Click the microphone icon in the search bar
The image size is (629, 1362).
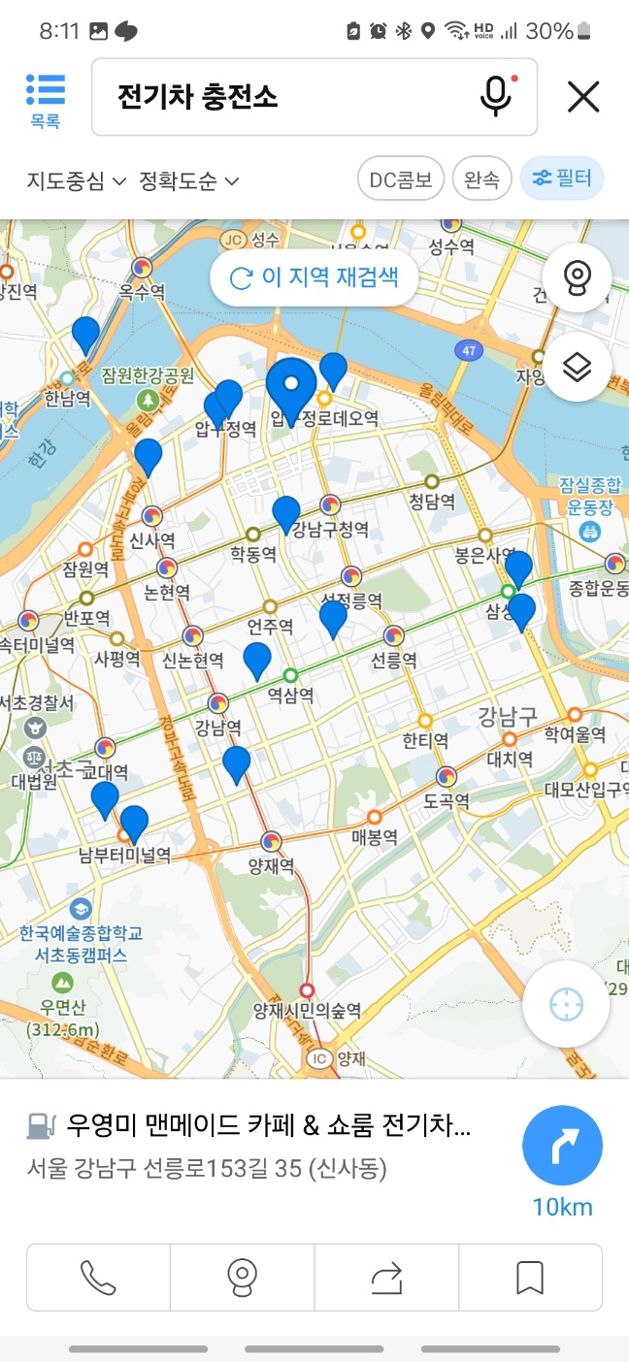click(x=495, y=96)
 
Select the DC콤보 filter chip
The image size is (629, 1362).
click(x=401, y=179)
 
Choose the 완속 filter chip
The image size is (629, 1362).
click(x=481, y=179)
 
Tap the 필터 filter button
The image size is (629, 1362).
click(x=562, y=179)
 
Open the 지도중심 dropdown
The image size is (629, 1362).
click(x=77, y=180)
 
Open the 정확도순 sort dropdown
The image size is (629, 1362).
click(x=189, y=180)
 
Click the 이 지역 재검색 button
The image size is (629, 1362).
click(x=314, y=278)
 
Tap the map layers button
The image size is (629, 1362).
click(x=578, y=368)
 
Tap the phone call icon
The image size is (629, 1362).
click(x=98, y=1277)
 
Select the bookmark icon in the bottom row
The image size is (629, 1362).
click(x=530, y=1277)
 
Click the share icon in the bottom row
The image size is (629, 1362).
click(x=386, y=1277)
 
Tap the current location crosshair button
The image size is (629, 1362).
click(x=566, y=1005)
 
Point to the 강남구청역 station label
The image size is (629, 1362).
click(x=330, y=529)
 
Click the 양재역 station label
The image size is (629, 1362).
click(x=271, y=864)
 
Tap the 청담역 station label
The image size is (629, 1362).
click(x=432, y=502)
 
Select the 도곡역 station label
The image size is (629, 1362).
click(x=447, y=801)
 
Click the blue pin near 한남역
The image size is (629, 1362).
click(x=86, y=335)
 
